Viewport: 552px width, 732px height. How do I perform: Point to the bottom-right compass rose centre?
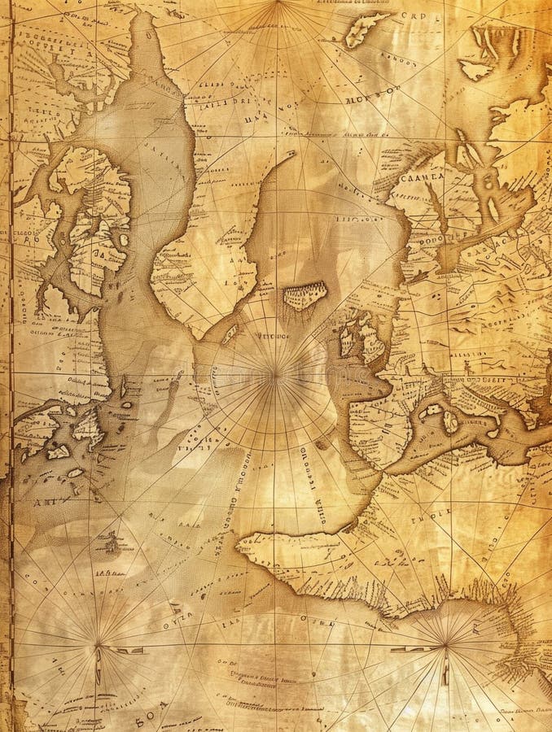[x=446, y=646]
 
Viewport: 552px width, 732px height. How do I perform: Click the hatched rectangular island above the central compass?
[x=304, y=295]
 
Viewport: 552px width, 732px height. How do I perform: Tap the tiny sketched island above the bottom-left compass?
[x=107, y=540]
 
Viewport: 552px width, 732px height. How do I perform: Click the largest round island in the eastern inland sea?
[x=449, y=420]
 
